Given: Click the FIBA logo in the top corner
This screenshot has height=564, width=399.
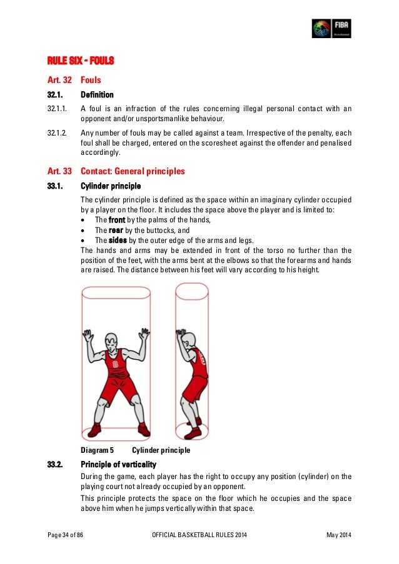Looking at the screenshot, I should point(331,28).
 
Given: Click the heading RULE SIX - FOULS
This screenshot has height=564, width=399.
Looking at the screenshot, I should point(81,61).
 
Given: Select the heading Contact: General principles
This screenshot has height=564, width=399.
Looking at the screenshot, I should point(133,171).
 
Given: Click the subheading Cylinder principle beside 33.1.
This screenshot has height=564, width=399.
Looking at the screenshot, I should point(111,186).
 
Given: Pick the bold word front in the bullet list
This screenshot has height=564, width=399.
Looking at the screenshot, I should point(117,220).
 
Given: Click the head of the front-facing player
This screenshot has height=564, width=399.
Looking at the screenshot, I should point(113,343).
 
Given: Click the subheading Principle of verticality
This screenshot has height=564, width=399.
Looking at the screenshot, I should point(118,464).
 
